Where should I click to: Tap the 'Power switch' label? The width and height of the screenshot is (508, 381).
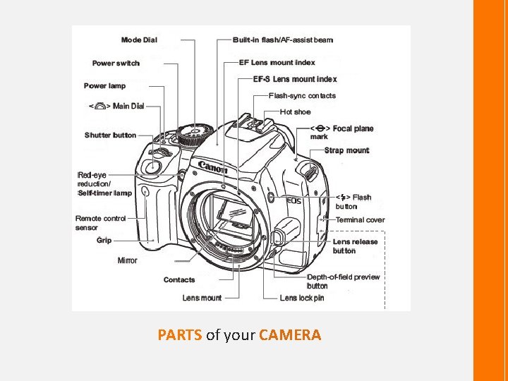point(116,64)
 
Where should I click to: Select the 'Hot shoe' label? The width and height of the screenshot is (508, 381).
point(295,111)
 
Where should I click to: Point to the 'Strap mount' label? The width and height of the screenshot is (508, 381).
point(346,150)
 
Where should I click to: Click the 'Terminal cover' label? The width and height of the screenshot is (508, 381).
point(360,220)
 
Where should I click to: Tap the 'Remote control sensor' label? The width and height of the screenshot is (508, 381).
point(100,223)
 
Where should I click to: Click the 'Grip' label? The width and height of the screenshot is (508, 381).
point(104,241)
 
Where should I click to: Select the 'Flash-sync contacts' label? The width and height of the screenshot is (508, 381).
point(302,96)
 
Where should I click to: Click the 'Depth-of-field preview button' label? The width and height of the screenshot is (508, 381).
point(343,281)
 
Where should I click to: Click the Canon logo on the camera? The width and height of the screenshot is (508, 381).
point(212,168)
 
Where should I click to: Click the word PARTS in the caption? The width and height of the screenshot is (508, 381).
point(180,335)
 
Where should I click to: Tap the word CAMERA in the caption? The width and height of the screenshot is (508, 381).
point(290,335)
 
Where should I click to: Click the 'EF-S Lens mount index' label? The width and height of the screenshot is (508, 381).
point(294,79)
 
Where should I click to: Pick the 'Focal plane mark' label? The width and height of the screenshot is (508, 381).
point(341,132)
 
